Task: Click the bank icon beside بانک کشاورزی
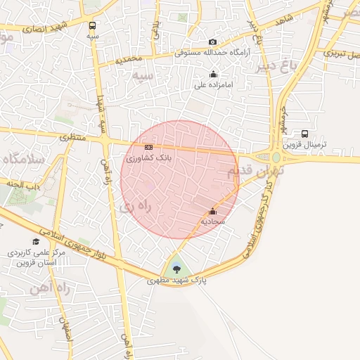point(148,147)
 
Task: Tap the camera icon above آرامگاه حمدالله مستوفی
point(213,42)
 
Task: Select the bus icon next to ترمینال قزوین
point(304,134)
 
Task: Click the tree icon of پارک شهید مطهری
point(176,269)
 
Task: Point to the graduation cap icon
point(36,241)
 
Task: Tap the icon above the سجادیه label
point(212,210)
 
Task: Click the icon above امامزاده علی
point(213,75)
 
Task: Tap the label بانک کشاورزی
point(149,157)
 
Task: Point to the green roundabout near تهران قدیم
point(275,158)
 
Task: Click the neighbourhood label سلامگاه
point(21,159)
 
